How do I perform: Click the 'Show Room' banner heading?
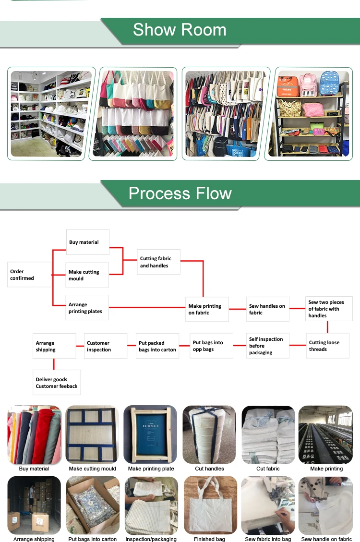[180, 30]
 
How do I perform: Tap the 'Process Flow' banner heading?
[180, 193]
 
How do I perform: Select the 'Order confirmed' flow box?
[29, 275]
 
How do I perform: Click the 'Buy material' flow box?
[87, 242]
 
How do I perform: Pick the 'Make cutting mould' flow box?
[87, 275]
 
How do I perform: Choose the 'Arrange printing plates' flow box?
[87, 308]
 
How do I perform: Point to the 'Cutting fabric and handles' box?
[158, 262]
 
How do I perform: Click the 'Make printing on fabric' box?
[207, 309]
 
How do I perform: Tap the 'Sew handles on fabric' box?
[268, 309]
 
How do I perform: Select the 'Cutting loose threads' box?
[327, 346]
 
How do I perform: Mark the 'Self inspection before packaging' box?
[268, 346]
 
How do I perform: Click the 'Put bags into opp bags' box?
[211, 346]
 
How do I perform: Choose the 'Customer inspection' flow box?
[106, 346]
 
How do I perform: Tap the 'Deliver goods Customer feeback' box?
[57, 383]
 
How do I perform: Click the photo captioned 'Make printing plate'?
[151, 434]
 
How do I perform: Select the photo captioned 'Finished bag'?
[210, 505]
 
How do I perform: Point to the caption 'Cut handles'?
[209, 469]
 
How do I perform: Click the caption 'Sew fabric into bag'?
[268, 539]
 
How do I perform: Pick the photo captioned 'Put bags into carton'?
[93, 505]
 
